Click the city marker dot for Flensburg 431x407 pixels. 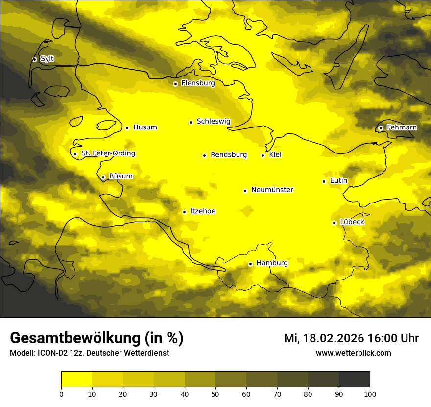pos(175,84)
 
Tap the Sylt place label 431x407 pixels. pos(47,59)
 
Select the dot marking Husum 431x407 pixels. pos(127,128)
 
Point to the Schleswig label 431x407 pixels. pos(213,121)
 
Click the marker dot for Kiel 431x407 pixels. pos(263,155)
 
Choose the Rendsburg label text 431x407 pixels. pos(228,155)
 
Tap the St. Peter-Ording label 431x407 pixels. pos(108,153)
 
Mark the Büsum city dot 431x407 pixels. pos(103,177)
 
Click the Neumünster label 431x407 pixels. pos(272,190)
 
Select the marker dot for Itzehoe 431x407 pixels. pos(184,212)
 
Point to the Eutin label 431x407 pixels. pos(338,181)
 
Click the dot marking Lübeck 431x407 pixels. pos(334,223)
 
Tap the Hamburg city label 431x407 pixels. pos(272,263)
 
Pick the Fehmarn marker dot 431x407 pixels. pos(381,128)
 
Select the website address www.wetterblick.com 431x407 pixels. pos(353,353)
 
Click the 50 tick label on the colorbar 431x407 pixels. pos(215,394)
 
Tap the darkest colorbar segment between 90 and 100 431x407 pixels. pos(354,379)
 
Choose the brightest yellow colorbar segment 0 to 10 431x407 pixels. pos(76,379)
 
